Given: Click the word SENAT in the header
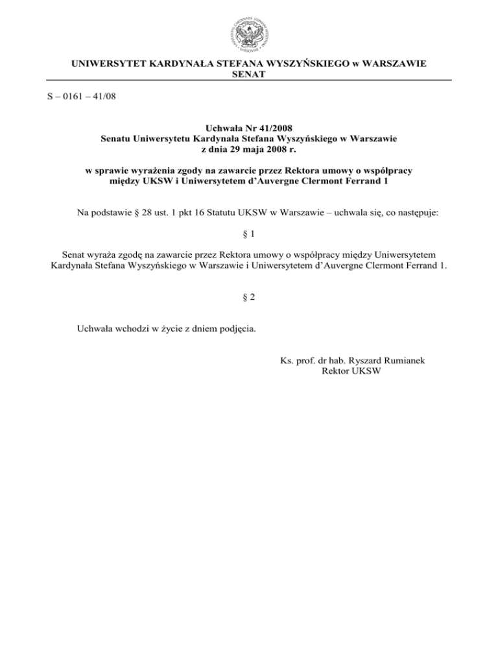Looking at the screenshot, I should (x=249, y=75).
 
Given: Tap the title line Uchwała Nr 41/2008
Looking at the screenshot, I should (x=249, y=127).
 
